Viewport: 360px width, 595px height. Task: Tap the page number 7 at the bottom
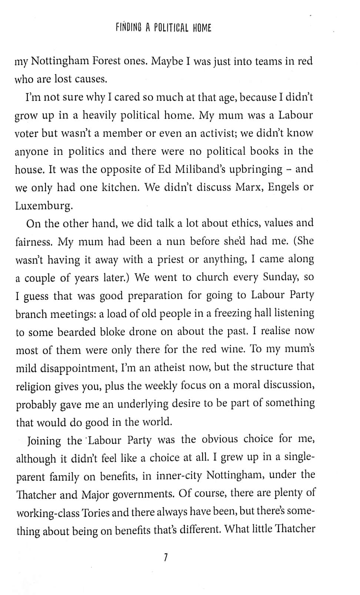[x=166, y=558]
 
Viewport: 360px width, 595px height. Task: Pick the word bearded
[x=77, y=332]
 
